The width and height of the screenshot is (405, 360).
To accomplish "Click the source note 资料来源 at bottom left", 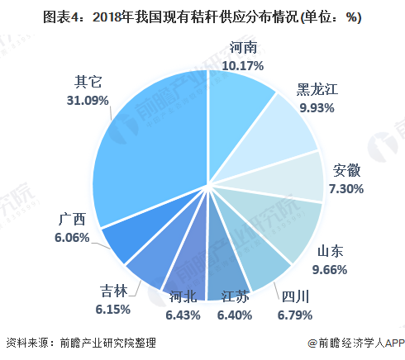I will [x=79, y=342].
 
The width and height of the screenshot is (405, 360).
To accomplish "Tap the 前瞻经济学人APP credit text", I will [x=355, y=343].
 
